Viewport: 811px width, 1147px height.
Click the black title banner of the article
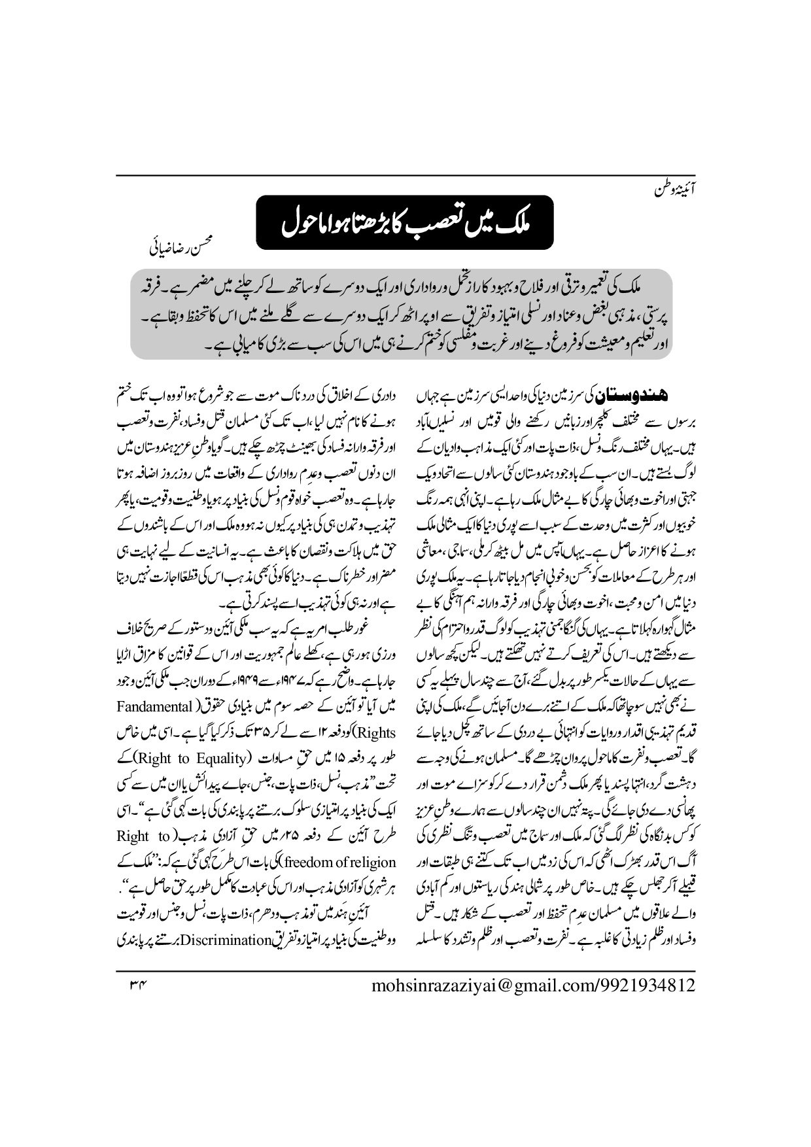(405, 222)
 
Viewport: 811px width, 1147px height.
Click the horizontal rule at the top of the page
(405, 175)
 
